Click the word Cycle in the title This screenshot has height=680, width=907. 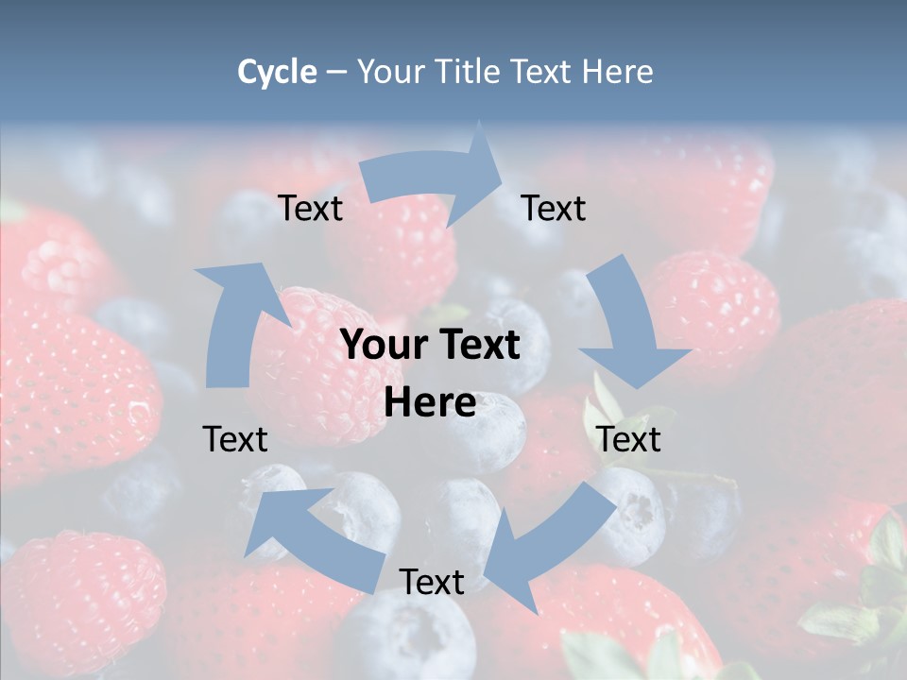[x=277, y=72]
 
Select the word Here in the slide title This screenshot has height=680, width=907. [x=618, y=72]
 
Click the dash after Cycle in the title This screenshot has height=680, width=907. [x=336, y=72]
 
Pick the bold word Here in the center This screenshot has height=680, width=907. [x=430, y=403]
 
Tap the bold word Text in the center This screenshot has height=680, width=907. [x=479, y=346]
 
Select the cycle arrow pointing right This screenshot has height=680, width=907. [x=435, y=179]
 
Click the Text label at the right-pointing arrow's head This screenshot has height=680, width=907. [x=554, y=208]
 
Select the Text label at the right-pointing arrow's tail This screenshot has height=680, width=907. [x=310, y=208]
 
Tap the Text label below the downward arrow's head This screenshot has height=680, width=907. [x=628, y=439]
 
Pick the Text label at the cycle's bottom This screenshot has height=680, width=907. [x=432, y=582]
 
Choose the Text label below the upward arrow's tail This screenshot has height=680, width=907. [x=235, y=439]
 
